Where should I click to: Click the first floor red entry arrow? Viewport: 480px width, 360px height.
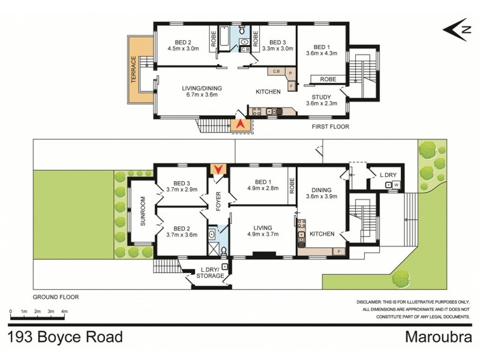pyautogui.click(x=241, y=124)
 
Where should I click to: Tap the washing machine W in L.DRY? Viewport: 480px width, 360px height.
pyautogui.click(x=396, y=184)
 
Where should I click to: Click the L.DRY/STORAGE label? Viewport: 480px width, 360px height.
pyautogui.click(x=211, y=273)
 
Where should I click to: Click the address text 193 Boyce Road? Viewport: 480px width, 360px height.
pyautogui.click(x=66, y=336)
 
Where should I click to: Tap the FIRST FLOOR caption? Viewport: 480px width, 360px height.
pyautogui.click(x=330, y=127)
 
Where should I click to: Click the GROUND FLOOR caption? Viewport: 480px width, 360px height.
pyautogui.click(x=56, y=296)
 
